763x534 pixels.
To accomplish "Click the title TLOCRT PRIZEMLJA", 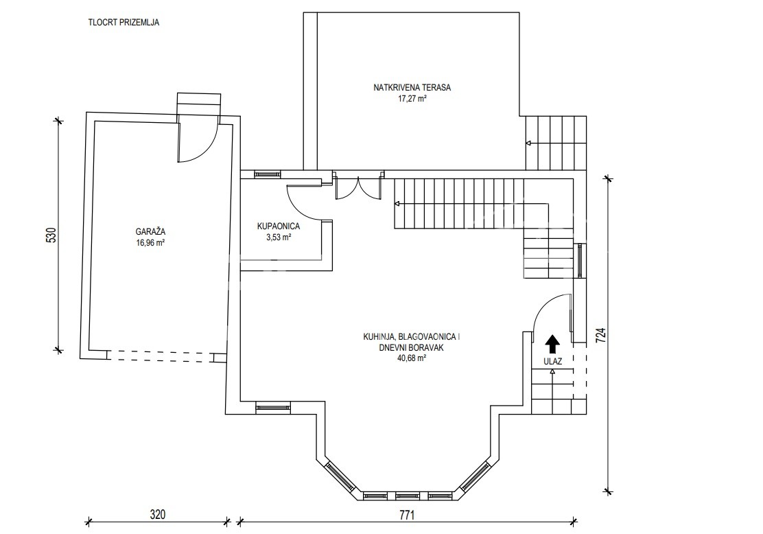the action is click(124, 23).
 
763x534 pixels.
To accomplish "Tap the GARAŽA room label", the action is click(150, 232).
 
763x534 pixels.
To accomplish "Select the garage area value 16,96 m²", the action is click(150, 242).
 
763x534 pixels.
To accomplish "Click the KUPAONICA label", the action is click(279, 227).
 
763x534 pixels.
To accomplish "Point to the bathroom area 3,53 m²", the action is click(279, 237).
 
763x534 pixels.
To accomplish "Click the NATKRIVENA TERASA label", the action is click(412, 88).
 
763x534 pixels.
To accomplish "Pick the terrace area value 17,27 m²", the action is click(412, 98).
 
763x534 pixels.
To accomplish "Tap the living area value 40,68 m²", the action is click(412, 358).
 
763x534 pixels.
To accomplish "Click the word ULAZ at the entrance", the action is click(553, 362).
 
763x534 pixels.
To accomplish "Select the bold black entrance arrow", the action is click(552, 344).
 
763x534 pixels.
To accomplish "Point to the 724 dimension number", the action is click(601, 336).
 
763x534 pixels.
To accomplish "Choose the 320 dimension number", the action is click(158, 515).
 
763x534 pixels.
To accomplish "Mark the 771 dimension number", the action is click(407, 515).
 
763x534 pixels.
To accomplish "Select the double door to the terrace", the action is click(357, 187).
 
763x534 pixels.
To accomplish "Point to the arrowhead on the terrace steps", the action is click(528, 143).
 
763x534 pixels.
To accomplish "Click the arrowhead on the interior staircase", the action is click(397, 203).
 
